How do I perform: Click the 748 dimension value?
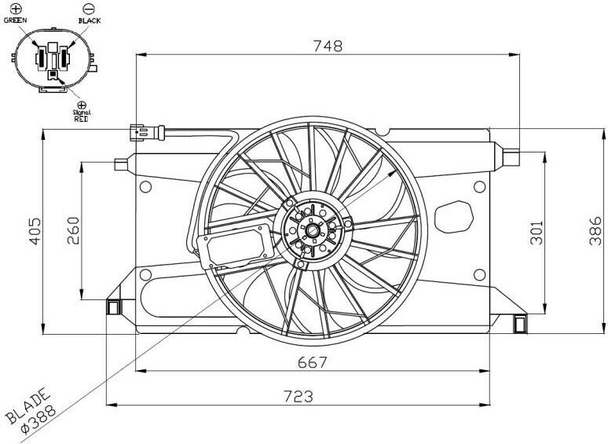pyautogui.click(x=328, y=46)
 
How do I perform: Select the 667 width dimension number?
pyautogui.click(x=313, y=362)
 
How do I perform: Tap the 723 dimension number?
pyautogui.click(x=299, y=396)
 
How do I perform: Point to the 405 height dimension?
pyautogui.click(x=35, y=231)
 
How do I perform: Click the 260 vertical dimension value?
pyautogui.click(x=73, y=230)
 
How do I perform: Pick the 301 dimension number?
pyautogui.click(x=537, y=233)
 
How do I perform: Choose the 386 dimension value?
pyautogui.click(x=595, y=231)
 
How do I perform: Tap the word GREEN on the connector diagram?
pyautogui.click(x=15, y=20)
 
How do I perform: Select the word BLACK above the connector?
pyautogui.click(x=90, y=20)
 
